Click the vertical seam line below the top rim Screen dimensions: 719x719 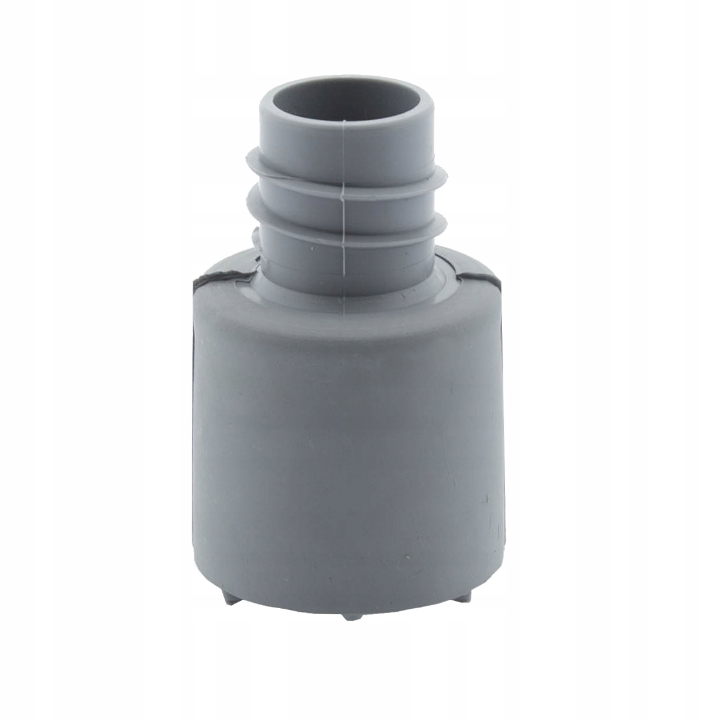point(345,150)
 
